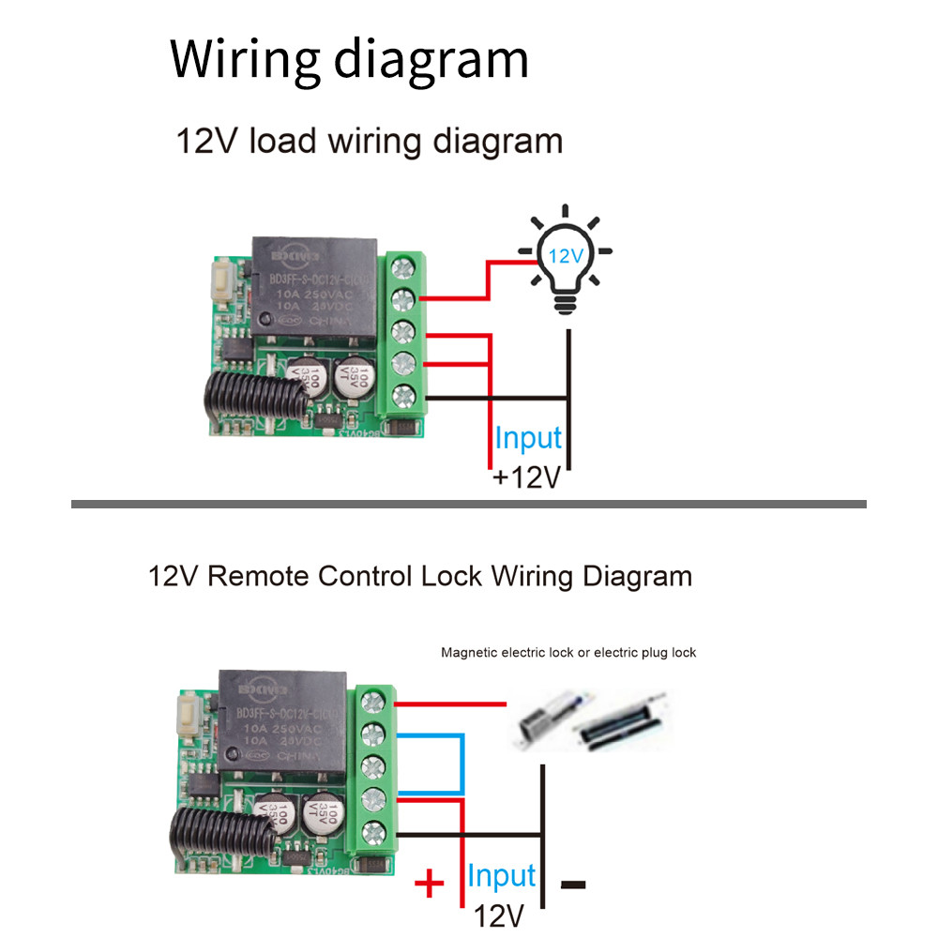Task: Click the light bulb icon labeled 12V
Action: point(566,259)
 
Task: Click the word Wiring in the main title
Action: point(245,59)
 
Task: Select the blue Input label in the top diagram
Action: point(528,438)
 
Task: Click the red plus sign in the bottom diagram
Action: point(429,883)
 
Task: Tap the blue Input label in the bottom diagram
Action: point(502,876)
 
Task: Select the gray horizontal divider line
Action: point(469,505)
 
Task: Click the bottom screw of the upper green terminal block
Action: point(402,396)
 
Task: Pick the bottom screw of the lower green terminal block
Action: point(372,829)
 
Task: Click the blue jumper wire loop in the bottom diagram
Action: point(462,764)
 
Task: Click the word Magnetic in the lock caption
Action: point(470,652)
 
